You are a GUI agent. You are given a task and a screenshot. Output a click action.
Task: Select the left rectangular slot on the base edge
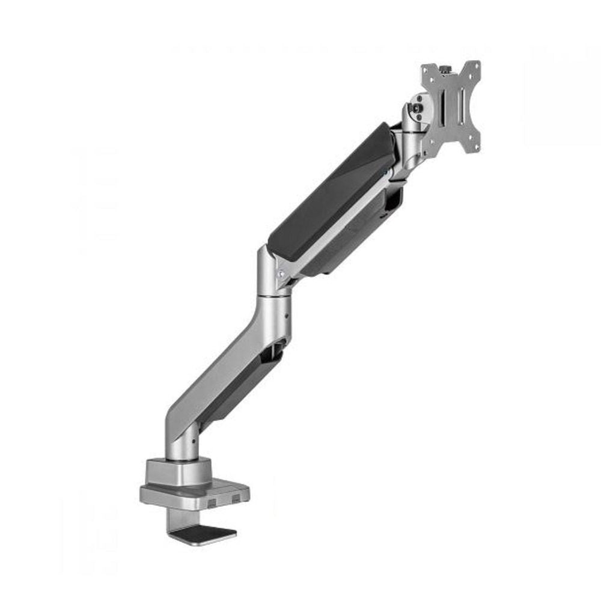click(213, 498)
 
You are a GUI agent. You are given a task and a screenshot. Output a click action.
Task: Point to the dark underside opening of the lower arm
click(240, 391)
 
